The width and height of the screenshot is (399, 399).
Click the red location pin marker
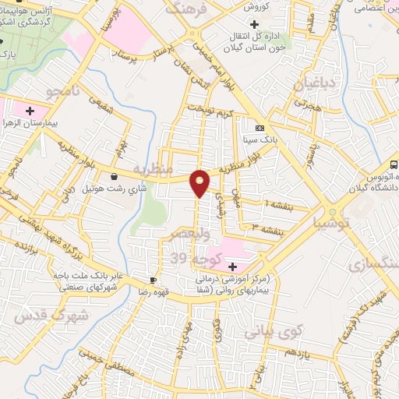(200, 182)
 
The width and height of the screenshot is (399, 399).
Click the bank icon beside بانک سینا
(260, 129)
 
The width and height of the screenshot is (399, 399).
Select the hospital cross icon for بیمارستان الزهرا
(30, 112)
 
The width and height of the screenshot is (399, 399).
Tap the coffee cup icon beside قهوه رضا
(153, 279)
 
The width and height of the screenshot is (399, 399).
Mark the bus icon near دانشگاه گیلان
(394, 164)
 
